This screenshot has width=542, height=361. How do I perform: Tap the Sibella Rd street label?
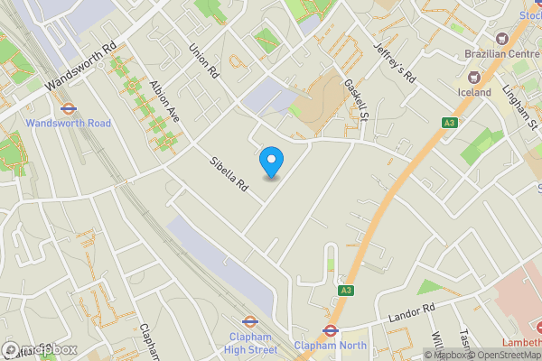[229, 173]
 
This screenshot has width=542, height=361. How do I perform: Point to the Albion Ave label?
[166, 101]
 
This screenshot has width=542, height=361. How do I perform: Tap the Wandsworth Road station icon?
[68, 108]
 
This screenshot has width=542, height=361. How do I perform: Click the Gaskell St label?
[357, 98]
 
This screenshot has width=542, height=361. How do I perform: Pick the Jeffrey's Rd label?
[395, 65]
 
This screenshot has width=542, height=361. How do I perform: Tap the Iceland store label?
[473, 92]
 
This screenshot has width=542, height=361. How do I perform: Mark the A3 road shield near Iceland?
[449, 122]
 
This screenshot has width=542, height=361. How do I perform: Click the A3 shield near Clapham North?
[346, 290]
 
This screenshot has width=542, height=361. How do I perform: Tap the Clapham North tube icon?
[330, 330]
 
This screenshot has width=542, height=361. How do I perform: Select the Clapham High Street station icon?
[250, 320]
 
